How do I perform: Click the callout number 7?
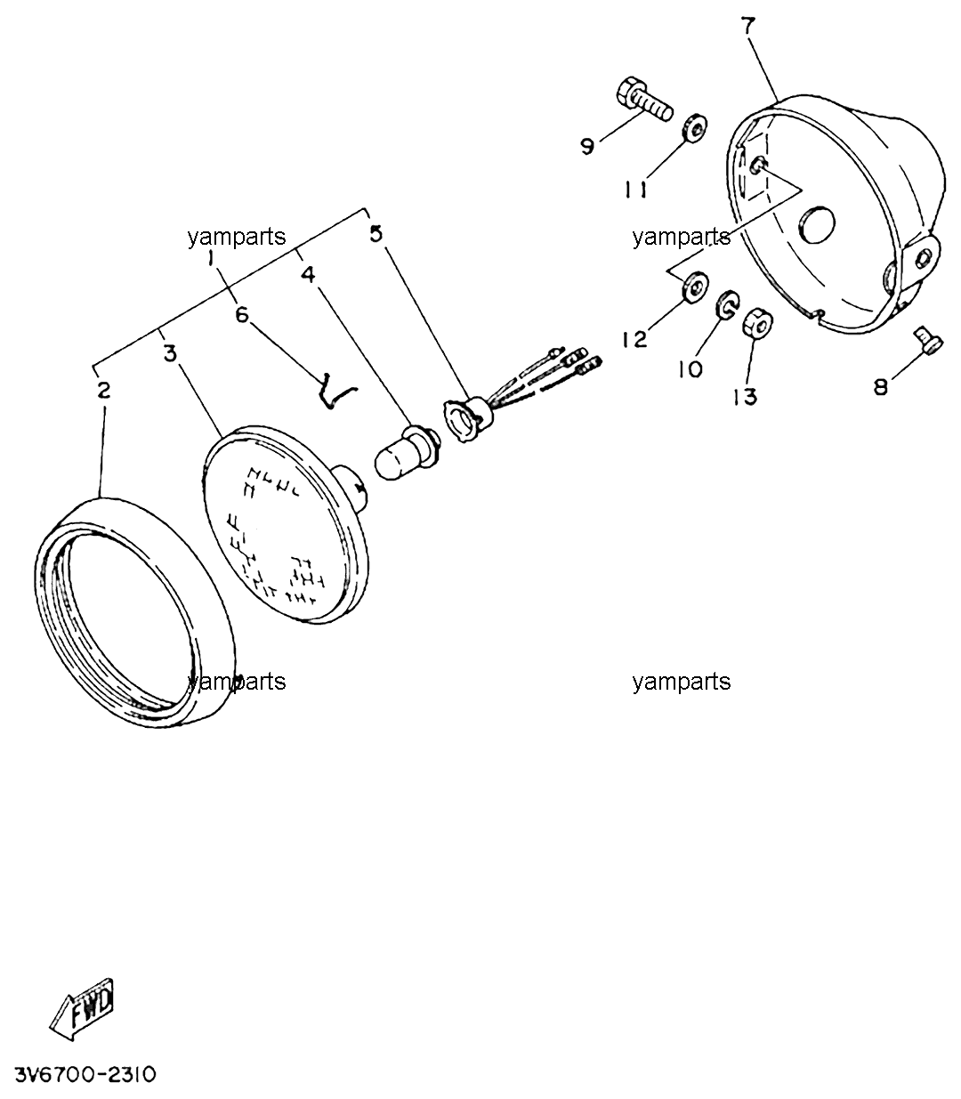[x=748, y=25]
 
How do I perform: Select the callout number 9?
[x=587, y=146]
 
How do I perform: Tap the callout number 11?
[x=635, y=189]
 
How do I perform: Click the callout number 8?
[x=881, y=387]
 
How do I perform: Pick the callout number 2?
[x=104, y=390]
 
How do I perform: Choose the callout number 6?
[x=242, y=315]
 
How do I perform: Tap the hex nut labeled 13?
[x=757, y=323]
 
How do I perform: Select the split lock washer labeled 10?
[x=727, y=305]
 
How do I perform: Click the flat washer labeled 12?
[x=695, y=287]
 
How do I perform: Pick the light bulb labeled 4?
[x=407, y=451]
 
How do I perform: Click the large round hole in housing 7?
[x=817, y=224]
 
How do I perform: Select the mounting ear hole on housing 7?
[x=923, y=258]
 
